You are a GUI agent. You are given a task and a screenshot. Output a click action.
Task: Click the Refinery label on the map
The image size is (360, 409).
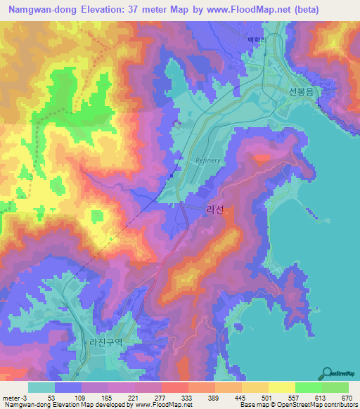208,160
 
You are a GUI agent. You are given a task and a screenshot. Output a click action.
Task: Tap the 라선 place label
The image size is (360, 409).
215,219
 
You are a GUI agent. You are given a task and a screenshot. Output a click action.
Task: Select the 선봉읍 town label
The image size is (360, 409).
301,91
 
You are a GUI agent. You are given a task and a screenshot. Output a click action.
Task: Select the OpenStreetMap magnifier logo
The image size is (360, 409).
328,372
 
